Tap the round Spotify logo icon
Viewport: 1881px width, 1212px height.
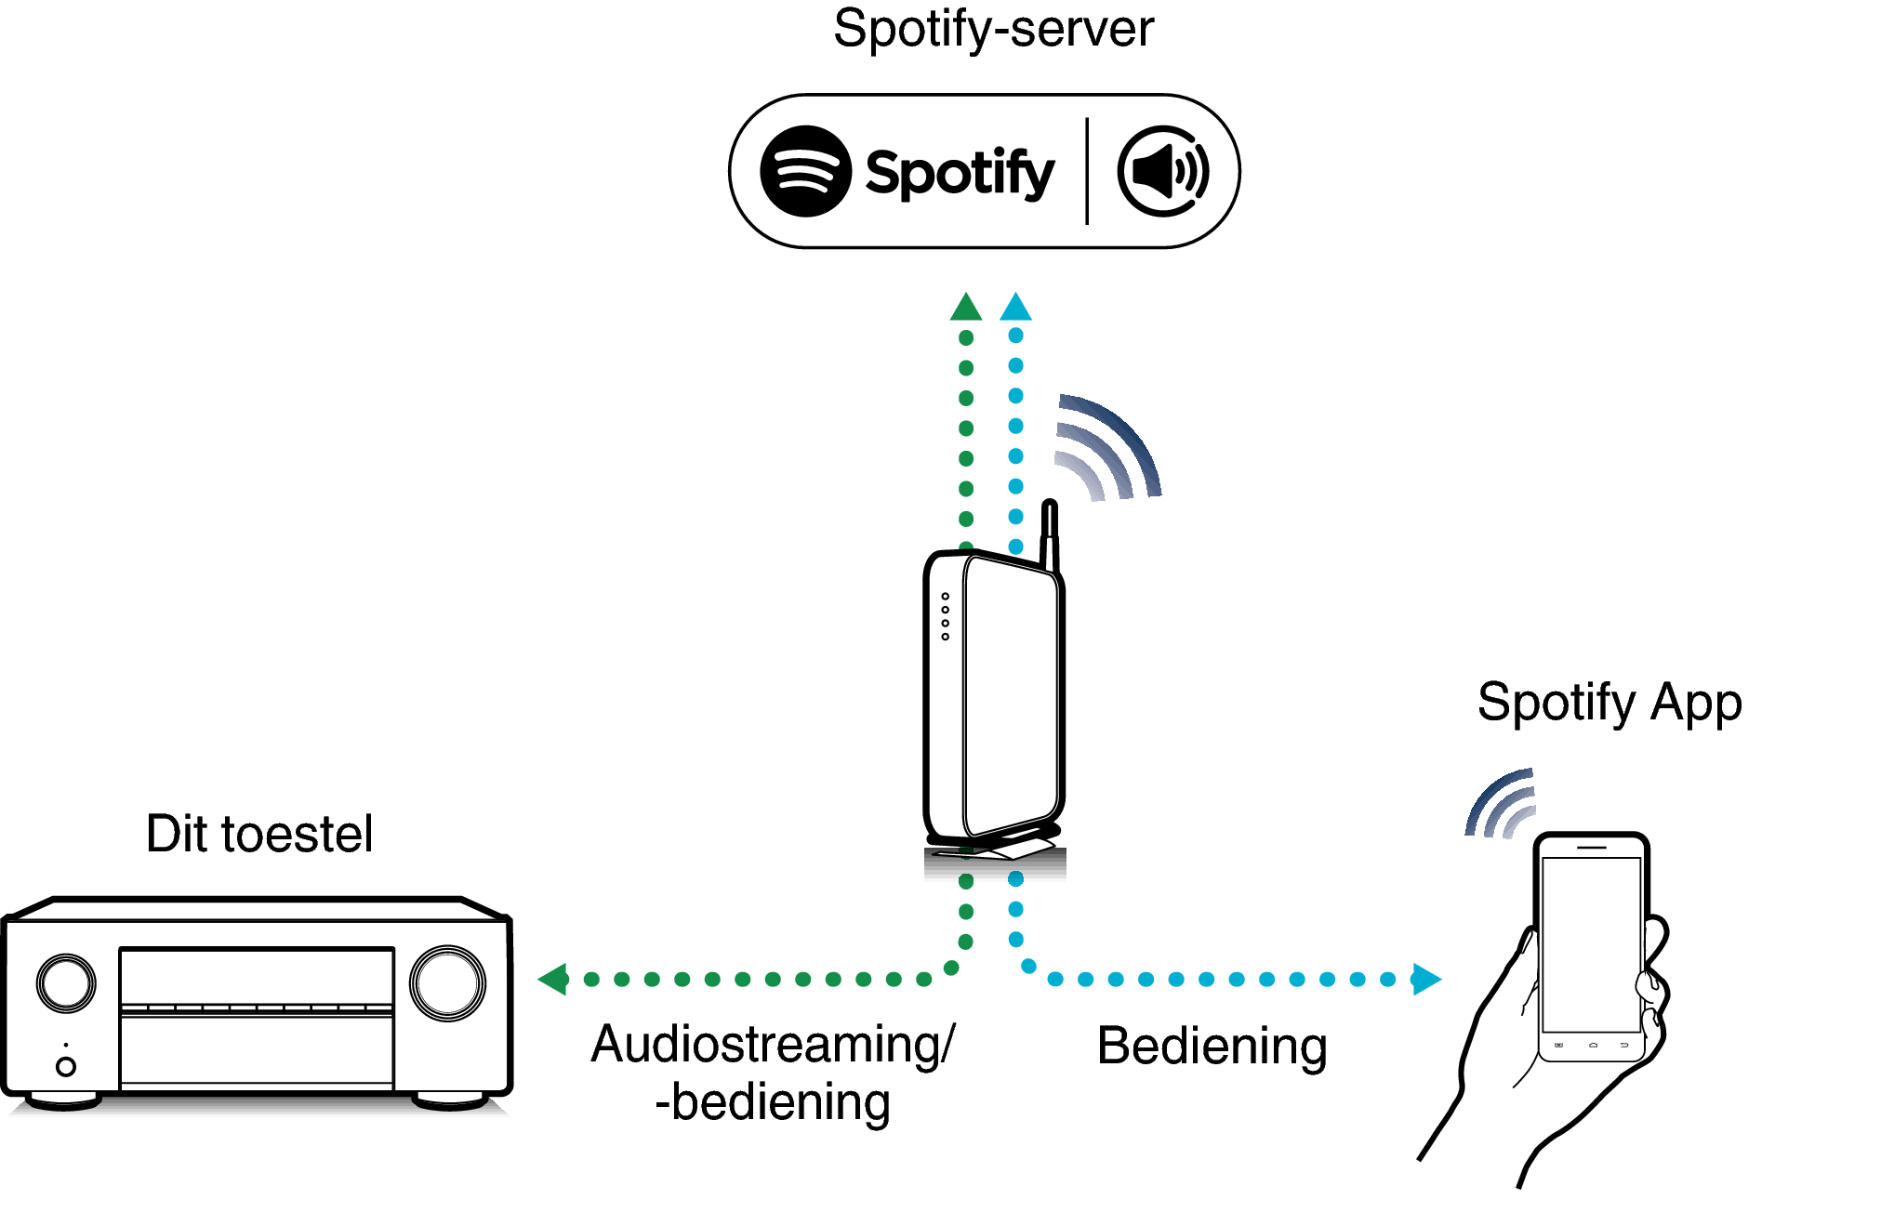pos(805,171)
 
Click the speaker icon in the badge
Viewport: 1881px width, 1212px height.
pos(1163,171)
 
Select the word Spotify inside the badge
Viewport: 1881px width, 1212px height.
pos(959,173)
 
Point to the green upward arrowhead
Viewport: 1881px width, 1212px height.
pos(966,308)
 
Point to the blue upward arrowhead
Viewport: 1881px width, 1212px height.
pos(1015,308)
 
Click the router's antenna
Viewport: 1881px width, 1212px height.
pos(1050,534)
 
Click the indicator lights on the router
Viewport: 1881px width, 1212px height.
pos(945,616)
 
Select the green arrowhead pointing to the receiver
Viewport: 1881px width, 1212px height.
pos(554,979)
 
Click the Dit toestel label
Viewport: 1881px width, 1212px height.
pos(259,834)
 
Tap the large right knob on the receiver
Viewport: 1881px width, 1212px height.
pos(447,982)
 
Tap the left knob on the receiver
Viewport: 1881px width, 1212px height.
pos(66,982)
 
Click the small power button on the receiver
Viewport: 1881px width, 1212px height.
pos(66,1066)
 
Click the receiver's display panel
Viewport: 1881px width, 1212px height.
pos(257,976)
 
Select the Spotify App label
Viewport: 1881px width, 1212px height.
pos(1609,703)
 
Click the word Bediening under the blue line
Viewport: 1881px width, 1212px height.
pos(1212,1047)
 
